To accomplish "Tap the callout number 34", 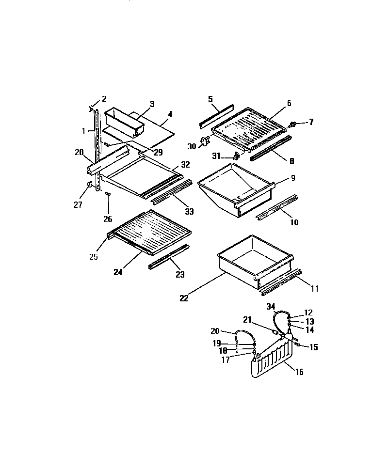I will [x=271, y=306].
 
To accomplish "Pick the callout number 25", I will [x=94, y=257].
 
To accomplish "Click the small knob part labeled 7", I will [x=293, y=125].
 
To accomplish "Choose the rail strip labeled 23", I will [x=168, y=257].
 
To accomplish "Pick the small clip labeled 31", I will [x=237, y=156].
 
